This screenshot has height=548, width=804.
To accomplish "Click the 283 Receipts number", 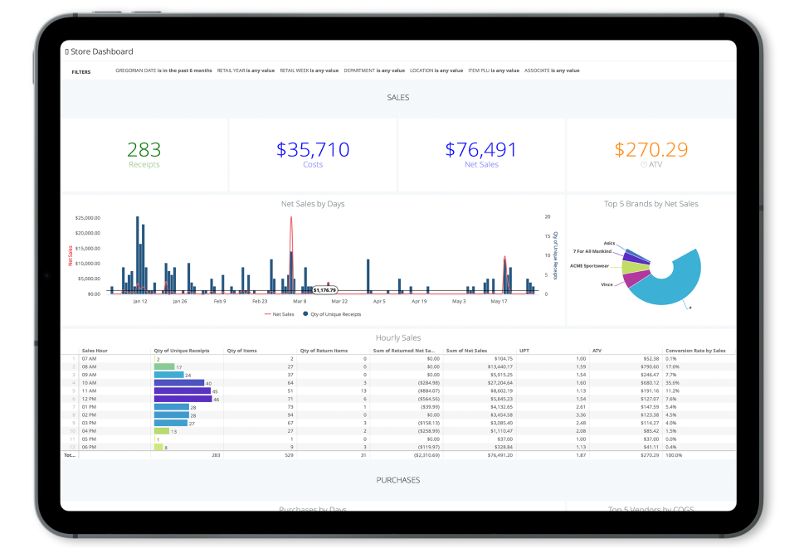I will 144,150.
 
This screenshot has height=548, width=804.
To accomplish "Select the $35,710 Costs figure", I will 313,150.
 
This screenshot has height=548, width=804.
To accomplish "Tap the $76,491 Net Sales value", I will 481,150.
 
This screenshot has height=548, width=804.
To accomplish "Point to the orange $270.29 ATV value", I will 651,150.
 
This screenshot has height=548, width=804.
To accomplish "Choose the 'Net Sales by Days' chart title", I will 313,203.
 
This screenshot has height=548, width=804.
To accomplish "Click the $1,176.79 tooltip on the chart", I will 324,290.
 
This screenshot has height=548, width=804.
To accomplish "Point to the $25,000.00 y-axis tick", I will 87,219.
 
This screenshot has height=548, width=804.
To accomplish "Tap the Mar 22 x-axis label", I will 339,302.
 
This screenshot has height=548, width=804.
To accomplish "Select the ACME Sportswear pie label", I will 589,267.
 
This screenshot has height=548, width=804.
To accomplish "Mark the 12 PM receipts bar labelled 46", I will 182,399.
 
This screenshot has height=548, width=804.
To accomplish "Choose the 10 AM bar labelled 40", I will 178,382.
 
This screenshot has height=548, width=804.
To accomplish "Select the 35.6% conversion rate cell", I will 673,382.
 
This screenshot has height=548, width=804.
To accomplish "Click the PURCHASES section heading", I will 397,480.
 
